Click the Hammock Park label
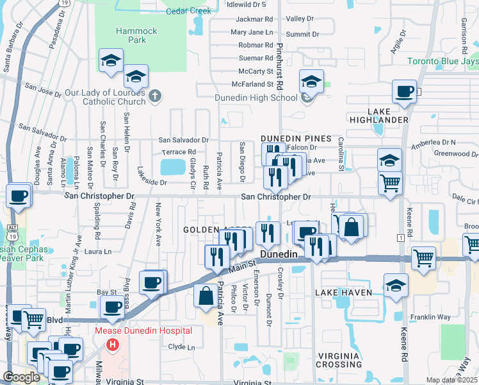(x=131, y=35)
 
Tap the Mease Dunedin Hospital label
(x=143, y=331)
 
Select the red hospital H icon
(x=113, y=345)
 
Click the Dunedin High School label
(x=257, y=98)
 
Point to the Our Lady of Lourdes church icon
(x=154, y=97)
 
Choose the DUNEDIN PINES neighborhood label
(x=295, y=139)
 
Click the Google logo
(x=21, y=377)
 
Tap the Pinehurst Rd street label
(x=279, y=58)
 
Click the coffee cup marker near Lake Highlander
(x=404, y=92)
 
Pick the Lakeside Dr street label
(x=149, y=182)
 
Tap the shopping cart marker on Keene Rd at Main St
(x=424, y=259)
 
